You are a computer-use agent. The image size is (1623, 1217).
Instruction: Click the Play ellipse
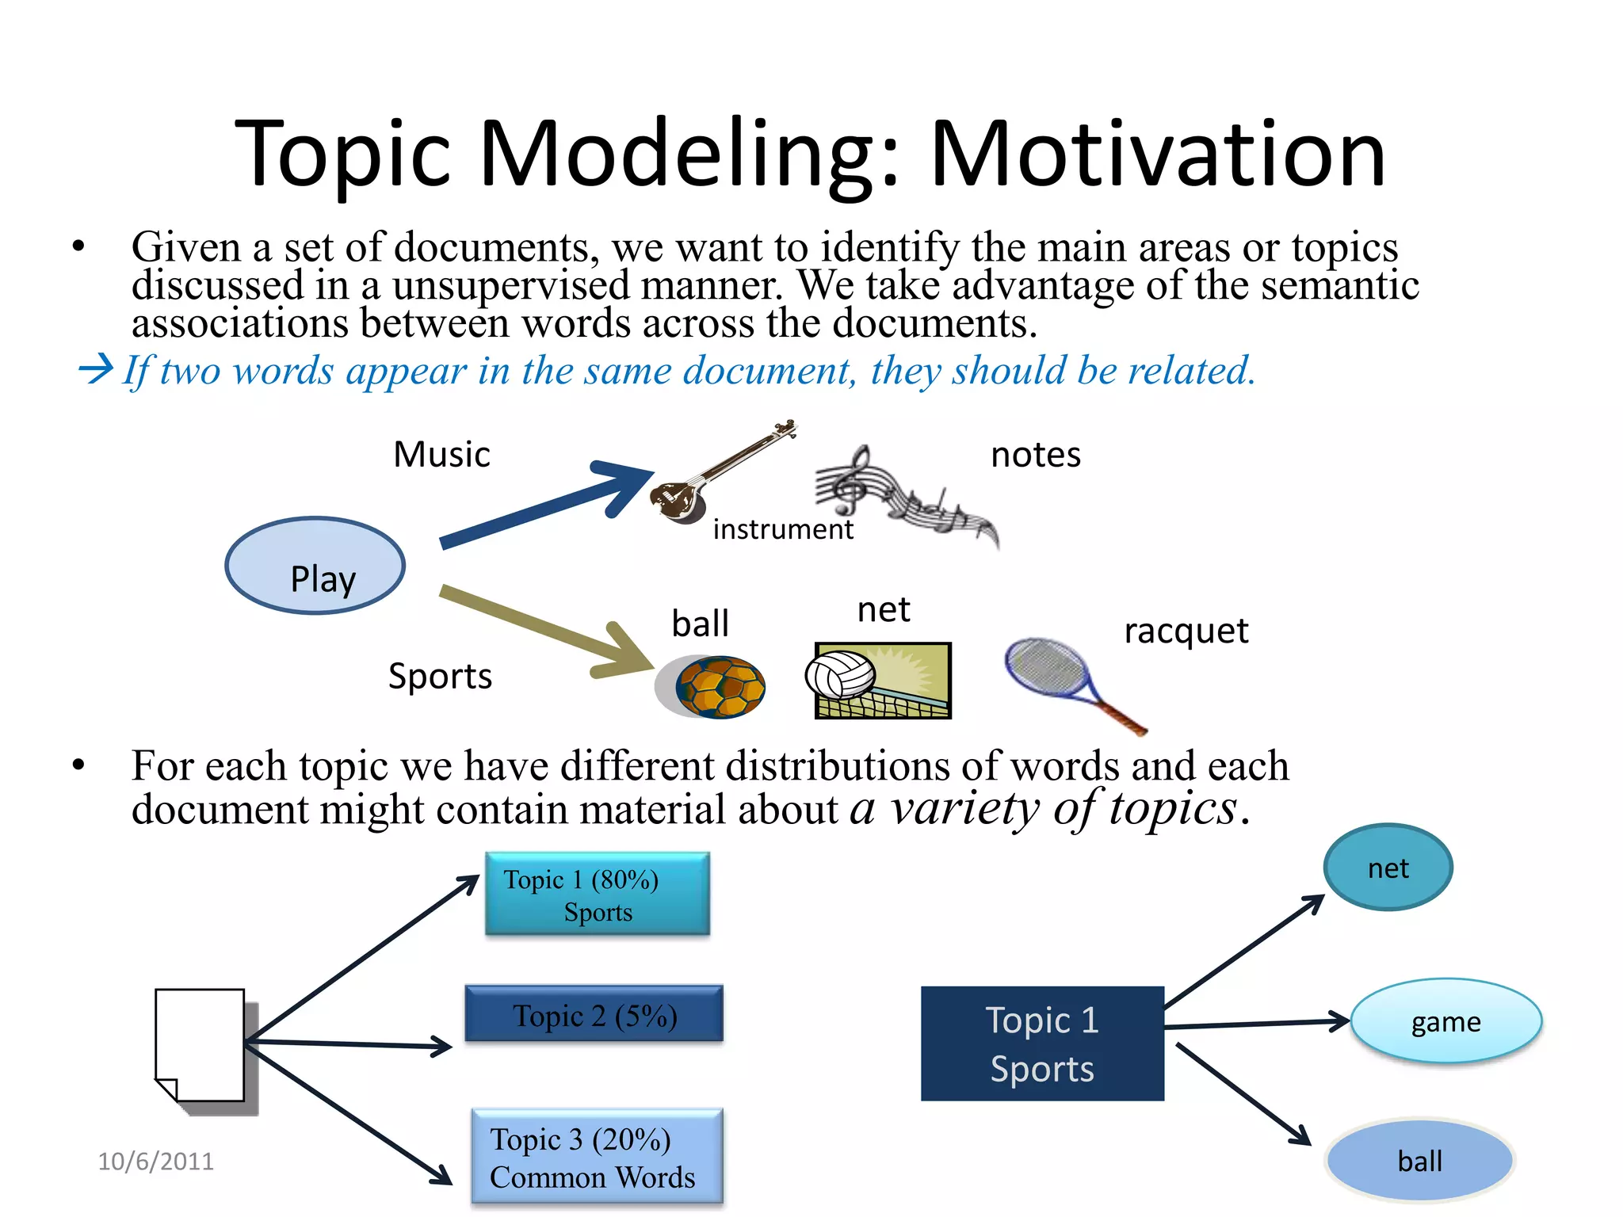pos(315,566)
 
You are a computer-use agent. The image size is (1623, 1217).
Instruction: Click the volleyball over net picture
pos(882,681)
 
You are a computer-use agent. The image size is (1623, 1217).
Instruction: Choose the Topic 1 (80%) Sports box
pos(597,895)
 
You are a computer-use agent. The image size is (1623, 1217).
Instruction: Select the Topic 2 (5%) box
pos(594,1014)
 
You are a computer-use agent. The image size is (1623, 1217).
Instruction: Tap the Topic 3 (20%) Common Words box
pos(597,1157)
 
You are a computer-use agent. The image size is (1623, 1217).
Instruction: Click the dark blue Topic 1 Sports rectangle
pos(1041,1043)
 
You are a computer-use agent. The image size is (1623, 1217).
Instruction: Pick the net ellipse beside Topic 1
pos(1388,868)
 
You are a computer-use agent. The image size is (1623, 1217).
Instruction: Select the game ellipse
pos(1445,1021)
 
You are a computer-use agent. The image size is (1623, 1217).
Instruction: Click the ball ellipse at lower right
pos(1419,1161)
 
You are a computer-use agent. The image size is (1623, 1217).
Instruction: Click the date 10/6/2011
pos(155,1161)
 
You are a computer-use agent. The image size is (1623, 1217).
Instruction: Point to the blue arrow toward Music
pos(547,504)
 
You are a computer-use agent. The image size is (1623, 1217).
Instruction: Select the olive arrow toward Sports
pos(547,629)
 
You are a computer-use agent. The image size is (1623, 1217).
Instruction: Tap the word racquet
pos(1186,631)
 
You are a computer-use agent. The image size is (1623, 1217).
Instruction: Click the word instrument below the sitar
pos(783,528)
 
